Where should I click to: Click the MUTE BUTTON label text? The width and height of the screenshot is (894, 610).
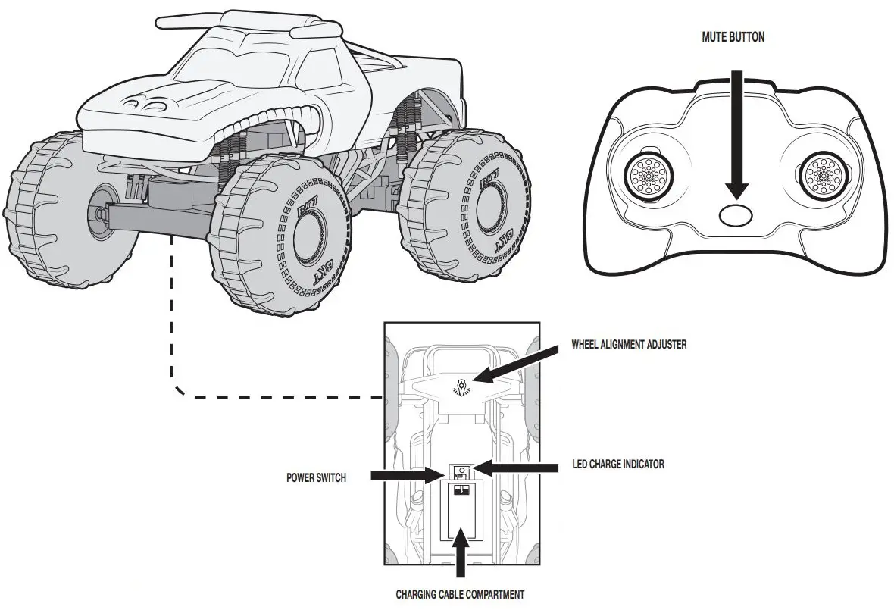coord(732,36)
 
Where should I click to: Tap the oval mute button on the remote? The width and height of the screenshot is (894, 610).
coord(736,214)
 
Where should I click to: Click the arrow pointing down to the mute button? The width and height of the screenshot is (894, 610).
coord(736,136)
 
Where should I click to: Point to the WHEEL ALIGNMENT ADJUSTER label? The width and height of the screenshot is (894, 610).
coord(629,345)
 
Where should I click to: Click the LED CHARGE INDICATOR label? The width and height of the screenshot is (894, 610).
coord(617,464)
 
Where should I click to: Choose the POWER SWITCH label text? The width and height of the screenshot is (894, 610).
coord(316,478)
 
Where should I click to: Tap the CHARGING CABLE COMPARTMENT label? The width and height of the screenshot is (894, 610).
coord(460,594)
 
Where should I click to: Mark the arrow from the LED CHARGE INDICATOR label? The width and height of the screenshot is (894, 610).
coord(515,468)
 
